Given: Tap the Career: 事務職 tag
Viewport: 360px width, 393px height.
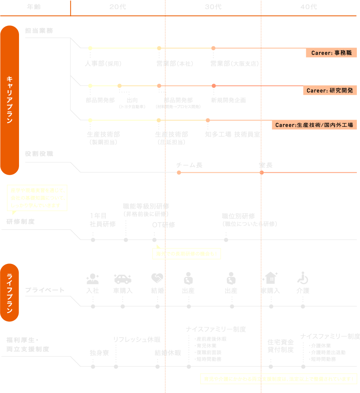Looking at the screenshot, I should click(331, 53).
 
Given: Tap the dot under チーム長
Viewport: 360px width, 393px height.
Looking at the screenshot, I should click(179, 172).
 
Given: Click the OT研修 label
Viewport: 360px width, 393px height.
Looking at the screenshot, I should click(164, 225).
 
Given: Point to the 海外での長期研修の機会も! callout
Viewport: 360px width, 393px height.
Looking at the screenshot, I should click(186, 254).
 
